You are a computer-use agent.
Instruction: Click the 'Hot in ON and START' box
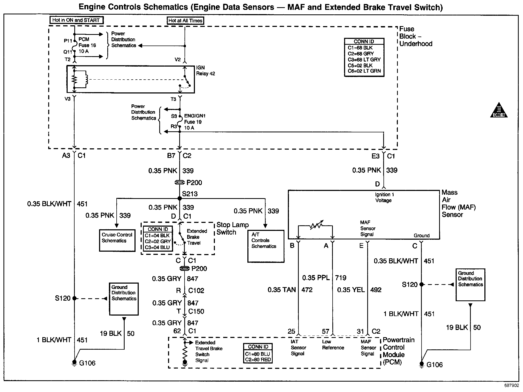(76, 20)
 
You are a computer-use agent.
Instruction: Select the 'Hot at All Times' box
(185, 21)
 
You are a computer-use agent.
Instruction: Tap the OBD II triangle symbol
(499, 110)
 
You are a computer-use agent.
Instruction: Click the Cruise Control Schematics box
(117, 240)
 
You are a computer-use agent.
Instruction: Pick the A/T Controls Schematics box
(265, 246)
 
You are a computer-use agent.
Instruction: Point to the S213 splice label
(190, 194)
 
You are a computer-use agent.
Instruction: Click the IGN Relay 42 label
(205, 71)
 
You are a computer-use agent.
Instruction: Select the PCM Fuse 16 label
(87, 45)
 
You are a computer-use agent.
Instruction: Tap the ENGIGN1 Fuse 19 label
(194, 122)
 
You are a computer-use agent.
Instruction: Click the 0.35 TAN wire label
(282, 290)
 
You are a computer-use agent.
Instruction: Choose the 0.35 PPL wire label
(316, 278)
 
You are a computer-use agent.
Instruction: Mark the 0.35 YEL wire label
(351, 290)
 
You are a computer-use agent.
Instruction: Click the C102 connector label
(196, 291)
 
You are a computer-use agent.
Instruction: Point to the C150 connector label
(196, 311)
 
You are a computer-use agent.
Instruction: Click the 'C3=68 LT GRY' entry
(364, 60)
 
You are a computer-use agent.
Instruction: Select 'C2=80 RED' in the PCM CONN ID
(258, 360)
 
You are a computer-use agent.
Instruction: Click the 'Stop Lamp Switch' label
(232, 228)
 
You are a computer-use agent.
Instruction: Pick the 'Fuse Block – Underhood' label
(415, 36)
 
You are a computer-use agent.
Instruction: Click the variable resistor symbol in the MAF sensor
(316, 226)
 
